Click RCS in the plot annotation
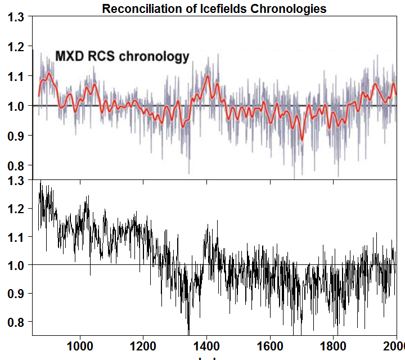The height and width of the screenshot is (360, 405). tap(103, 56)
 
